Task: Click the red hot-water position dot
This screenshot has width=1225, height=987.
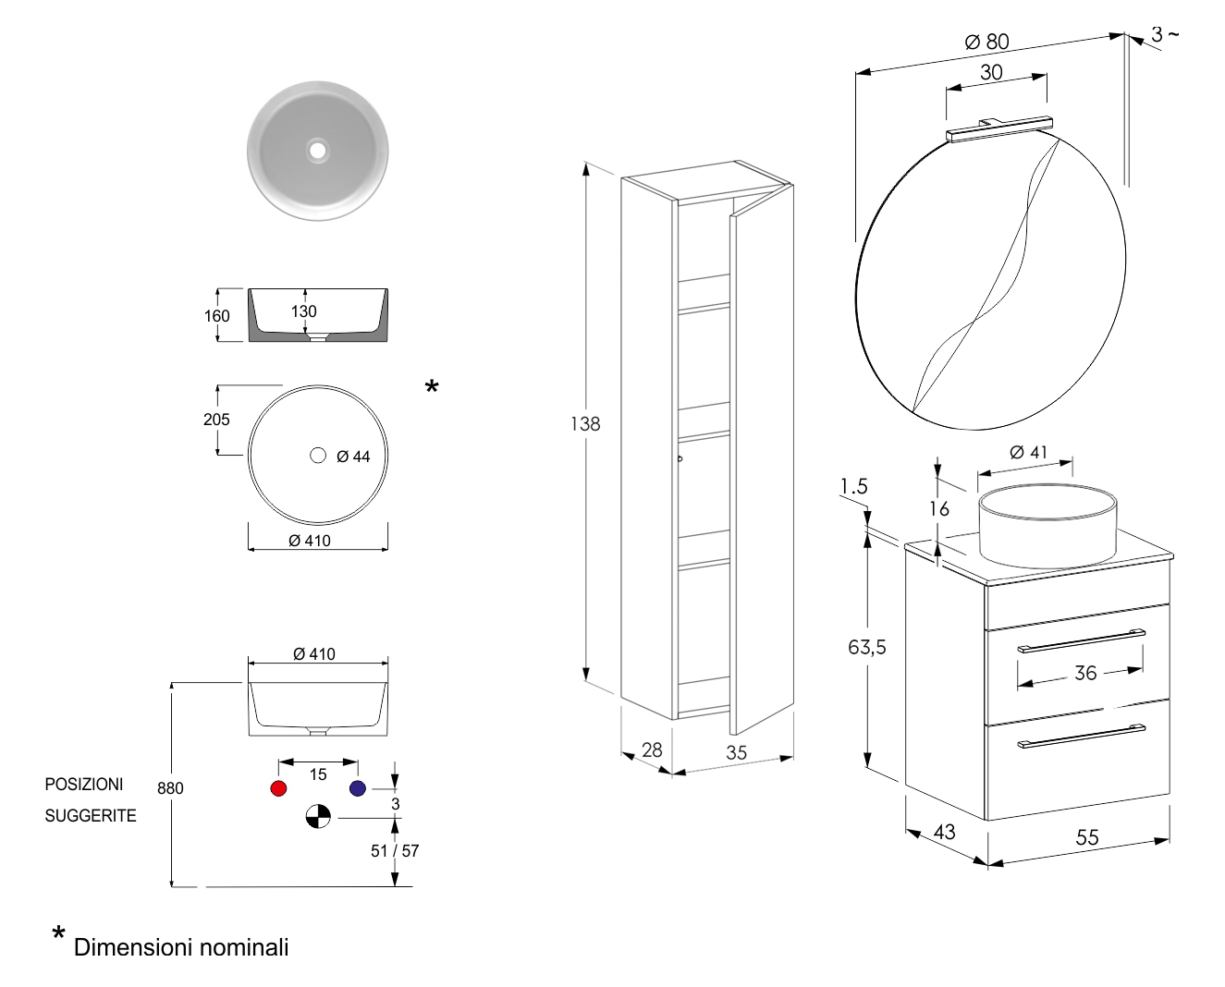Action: point(277,788)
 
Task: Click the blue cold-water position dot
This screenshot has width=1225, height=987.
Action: point(358,788)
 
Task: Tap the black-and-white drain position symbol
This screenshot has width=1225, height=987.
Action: point(318,817)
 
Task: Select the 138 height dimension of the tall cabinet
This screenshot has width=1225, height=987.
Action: point(585,423)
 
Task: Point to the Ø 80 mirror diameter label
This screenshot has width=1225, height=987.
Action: point(986,42)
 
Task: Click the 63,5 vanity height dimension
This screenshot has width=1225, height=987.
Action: point(867,647)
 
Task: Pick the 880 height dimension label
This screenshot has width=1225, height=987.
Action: point(170,788)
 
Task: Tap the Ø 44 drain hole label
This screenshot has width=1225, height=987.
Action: point(353,457)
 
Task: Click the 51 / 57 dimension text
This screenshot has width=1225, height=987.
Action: point(395,851)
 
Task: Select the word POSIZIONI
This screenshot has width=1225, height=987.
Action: point(84,785)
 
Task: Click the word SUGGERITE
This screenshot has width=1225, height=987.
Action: point(91,816)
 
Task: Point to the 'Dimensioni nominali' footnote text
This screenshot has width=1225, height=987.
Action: point(181,947)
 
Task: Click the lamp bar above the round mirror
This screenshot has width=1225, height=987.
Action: point(1000,128)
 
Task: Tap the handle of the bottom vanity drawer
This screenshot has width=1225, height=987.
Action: point(1081,737)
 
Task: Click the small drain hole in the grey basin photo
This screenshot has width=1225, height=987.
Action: point(318,148)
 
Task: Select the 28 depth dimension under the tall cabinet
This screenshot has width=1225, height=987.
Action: point(652,749)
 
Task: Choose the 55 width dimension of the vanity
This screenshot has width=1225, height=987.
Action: point(1087,837)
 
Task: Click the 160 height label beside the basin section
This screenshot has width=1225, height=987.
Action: point(217,316)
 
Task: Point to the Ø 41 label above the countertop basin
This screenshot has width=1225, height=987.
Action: point(1028,452)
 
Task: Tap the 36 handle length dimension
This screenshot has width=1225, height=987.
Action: point(1085,673)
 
